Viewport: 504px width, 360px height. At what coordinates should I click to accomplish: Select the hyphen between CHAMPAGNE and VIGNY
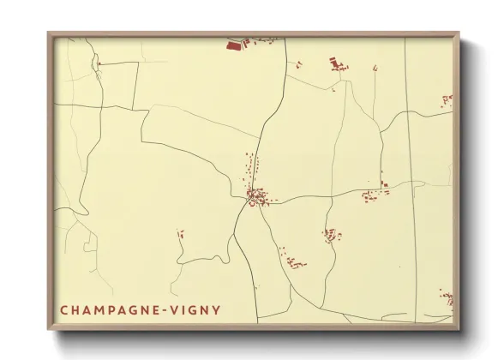coord(163,309)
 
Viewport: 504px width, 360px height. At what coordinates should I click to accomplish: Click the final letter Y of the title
coord(216,309)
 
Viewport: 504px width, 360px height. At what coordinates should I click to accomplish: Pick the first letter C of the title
coord(64,309)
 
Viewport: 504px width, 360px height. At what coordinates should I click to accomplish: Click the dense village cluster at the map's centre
coord(255,197)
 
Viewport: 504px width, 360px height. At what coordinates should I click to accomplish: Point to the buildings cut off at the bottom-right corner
coord(447,299)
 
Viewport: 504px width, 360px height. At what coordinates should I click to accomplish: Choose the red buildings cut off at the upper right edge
coord(447,100)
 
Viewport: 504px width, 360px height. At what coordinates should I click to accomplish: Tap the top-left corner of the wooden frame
coord(50,34)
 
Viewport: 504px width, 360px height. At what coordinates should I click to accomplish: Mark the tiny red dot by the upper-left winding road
coord(99,63)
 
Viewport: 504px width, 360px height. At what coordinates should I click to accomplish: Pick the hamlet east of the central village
coord(375,192)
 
